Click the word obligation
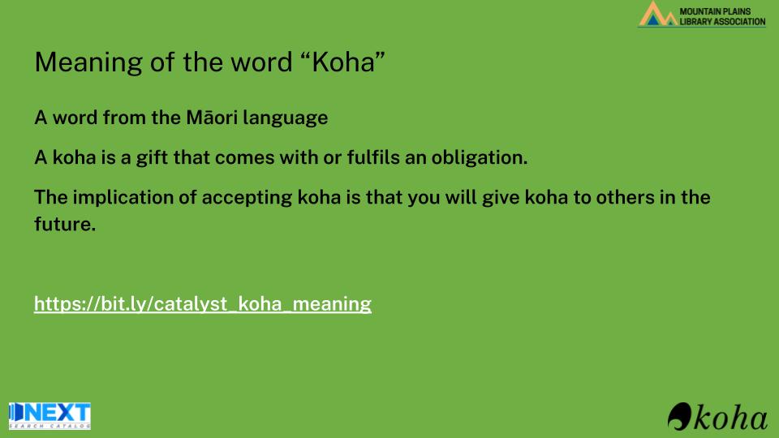click(480, 158)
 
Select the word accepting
click(247, 198)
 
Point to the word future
click(65, 224)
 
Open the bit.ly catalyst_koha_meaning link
click(203, 304)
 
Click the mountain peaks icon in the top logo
click(658, 15)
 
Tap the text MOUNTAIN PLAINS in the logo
click(715, 11)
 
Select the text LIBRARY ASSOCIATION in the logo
click(722, 21)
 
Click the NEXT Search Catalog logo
click(49, 415)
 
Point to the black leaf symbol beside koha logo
click(679, 416)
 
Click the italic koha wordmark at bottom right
click(730, 417)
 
